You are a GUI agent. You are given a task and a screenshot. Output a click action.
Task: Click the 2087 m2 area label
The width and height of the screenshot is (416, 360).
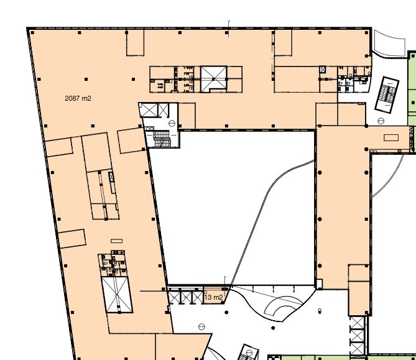(x=78, y=98)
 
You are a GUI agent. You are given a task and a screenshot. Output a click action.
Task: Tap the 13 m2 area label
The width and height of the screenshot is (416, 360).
(x=213, y=297)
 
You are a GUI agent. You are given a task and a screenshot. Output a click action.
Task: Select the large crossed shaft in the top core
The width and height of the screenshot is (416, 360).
(x=213, y=79)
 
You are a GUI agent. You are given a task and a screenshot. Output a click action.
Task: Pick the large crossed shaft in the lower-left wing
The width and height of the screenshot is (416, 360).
(x=117, y=295)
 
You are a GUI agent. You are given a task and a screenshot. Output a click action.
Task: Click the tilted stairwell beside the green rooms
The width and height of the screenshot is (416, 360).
(x=387, y=95)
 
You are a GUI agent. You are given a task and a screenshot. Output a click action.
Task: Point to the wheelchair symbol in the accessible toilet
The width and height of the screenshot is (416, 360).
(x=160, y=86)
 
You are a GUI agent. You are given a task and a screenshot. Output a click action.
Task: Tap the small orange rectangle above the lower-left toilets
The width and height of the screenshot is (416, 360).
(x=116, y=241)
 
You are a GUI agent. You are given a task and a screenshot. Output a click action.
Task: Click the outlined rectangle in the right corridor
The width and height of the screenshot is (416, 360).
(x=391, y=137)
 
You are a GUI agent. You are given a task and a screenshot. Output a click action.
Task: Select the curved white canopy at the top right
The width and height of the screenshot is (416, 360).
(x=389, y=43)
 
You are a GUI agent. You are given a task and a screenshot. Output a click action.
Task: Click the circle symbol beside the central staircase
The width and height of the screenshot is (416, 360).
(x=172, y=123)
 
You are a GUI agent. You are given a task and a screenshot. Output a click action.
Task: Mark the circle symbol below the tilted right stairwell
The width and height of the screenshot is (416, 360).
(x=381, y=121)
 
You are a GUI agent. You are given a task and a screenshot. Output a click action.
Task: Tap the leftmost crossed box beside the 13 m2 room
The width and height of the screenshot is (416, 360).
(x=173, y=297)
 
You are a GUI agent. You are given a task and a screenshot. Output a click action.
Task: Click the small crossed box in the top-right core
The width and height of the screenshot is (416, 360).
(x=322, y=70)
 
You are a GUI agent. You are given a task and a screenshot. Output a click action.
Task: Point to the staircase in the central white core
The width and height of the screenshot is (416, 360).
(x=161, y=139)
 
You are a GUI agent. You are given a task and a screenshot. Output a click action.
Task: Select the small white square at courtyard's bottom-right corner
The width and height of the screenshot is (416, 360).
(x=319, y=284)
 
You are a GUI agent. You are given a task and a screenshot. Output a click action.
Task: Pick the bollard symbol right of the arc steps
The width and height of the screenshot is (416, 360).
(x=320, y=310)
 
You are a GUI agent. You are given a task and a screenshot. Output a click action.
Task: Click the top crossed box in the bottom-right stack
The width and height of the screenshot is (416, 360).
(x=357, y=323)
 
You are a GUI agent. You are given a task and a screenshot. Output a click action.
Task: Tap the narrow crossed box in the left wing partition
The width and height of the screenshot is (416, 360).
(x=111, y=177)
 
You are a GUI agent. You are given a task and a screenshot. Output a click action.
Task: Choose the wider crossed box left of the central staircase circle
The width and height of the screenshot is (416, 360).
(x=149, y=110)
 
